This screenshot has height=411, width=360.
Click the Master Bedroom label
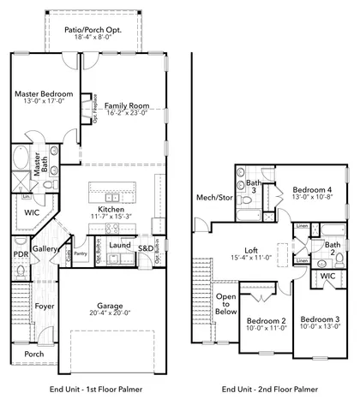43,93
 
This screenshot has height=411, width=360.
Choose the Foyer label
44,306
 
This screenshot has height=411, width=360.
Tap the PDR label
21,254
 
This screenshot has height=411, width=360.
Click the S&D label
146,248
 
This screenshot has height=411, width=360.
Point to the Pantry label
81,253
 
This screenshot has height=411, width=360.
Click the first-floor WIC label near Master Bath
33,211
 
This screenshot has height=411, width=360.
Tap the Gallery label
45,248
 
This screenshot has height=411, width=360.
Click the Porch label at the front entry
34,354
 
